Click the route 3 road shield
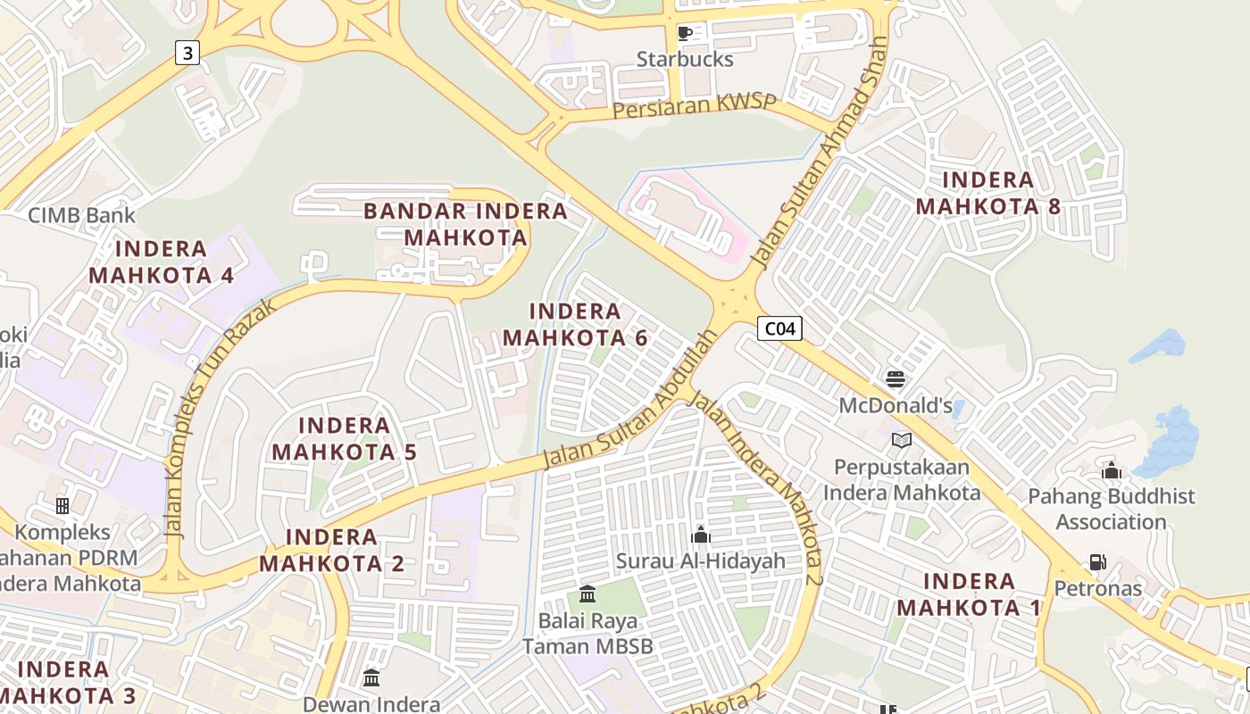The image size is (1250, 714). [187, 53]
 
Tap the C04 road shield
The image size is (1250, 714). [779, 328]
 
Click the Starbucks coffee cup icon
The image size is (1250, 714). [685, 34]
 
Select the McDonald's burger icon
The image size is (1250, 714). [896, 379]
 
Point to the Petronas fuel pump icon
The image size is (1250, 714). [1097, 562]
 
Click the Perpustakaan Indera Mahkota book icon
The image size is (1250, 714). [902, 440]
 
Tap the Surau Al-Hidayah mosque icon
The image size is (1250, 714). [701, 535]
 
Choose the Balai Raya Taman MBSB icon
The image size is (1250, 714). [587, 594]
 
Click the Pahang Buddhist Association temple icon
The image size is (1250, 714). [1112, 469]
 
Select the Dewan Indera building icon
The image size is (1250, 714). [371, 677]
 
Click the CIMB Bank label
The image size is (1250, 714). [82, 215]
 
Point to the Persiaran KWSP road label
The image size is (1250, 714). [695, 106]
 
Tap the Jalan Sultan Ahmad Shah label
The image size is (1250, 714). [821, 154]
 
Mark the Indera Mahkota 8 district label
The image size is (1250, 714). [988, 193]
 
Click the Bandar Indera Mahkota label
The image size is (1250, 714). [465, 224]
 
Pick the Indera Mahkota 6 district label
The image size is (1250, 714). [575, 324]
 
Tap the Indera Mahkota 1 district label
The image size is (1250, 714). [969, 594]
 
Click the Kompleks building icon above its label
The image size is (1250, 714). [62, 506]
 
